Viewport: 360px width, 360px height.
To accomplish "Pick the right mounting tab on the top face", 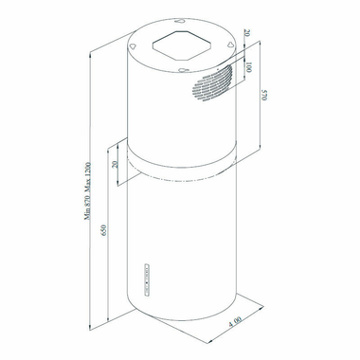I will click(230, 45).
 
